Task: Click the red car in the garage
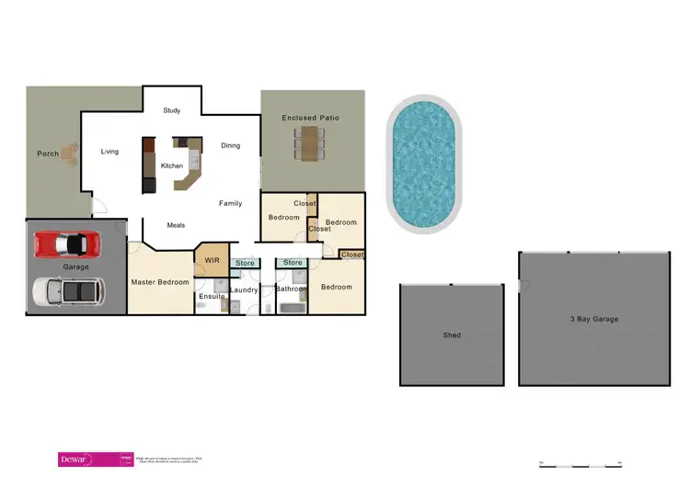[66, 244]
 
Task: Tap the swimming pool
[424, 165]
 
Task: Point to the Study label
[172, 111]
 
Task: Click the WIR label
[212, 261]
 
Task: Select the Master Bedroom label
[160, 282]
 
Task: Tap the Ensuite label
[212, 296]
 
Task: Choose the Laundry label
[245, 290]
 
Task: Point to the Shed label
[452, 335]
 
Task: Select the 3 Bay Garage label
[592, 319]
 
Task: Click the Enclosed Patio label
[311, 118]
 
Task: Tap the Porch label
[48, 153]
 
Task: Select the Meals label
[177, 224]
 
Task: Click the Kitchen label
[172, 165]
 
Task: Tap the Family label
[230, 203]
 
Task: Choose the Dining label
[230, 145]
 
